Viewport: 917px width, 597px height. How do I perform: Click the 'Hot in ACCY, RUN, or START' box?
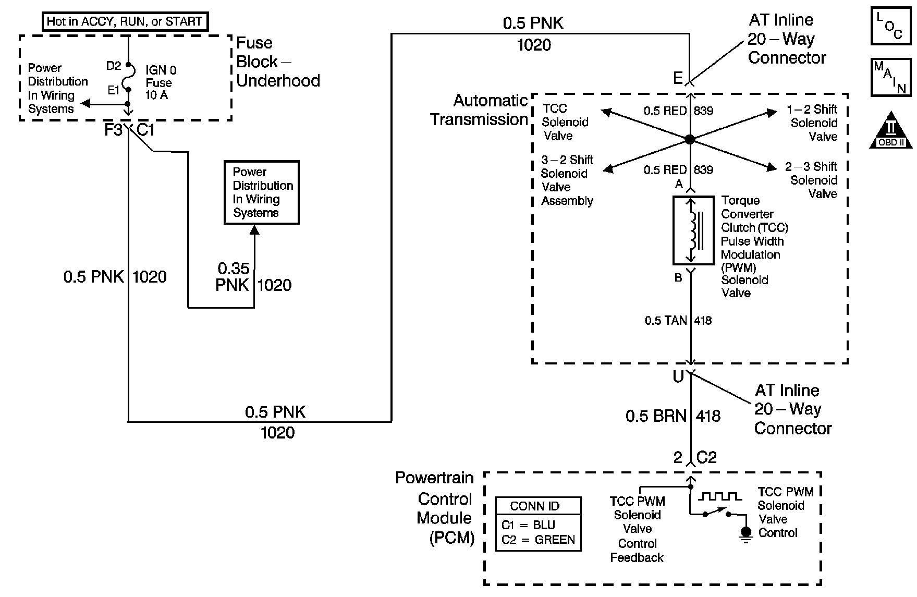click(x=124, y=22)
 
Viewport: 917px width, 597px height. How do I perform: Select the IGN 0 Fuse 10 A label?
click(x=161, y=82)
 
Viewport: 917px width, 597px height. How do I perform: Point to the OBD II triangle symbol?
click(x=891, y=130)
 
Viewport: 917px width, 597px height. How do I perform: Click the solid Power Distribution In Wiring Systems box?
click(x=262, y=192)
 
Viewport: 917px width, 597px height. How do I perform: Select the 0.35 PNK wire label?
click(x=233, y=277)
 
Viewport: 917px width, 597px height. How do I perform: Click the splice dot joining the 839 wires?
click(x=690, y=140)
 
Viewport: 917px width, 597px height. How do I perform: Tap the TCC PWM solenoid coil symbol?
click(x=693, y=230)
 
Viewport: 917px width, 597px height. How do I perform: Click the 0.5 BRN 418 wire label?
click(x=673, y=416)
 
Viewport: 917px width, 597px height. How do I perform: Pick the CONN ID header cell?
click(x=538, y=506)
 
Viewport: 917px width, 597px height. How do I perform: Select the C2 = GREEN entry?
click(x=538, y=540)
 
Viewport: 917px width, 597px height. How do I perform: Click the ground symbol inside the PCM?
click(x=747, y=534)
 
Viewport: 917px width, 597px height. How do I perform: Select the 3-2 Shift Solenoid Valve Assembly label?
click(x=567, y=180)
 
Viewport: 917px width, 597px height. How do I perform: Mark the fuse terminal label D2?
click(x=114, y=66)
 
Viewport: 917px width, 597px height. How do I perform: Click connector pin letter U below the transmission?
click(x=678, y=377)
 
